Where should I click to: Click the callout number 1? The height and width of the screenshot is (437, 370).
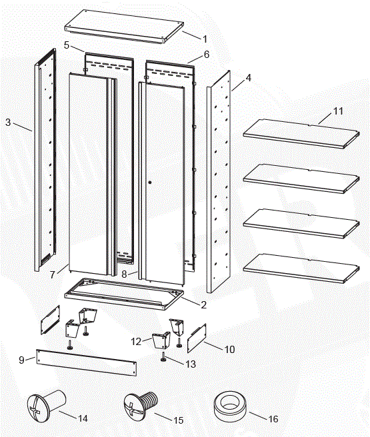tap(205, 39)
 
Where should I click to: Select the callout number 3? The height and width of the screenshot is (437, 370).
tap(7, 122)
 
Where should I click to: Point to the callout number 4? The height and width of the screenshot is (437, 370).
tap(248, 78)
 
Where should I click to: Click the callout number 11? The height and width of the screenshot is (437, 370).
tap(338, 111)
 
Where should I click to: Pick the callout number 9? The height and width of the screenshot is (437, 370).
tap(22, 360)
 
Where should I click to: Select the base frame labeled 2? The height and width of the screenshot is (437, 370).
tap(123, 293)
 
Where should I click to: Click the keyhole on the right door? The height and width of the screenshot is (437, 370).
tap(151, 182)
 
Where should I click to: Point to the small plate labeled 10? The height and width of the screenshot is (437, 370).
tap(195, 340)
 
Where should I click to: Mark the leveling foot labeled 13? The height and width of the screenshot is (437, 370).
tap(163, 357)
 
